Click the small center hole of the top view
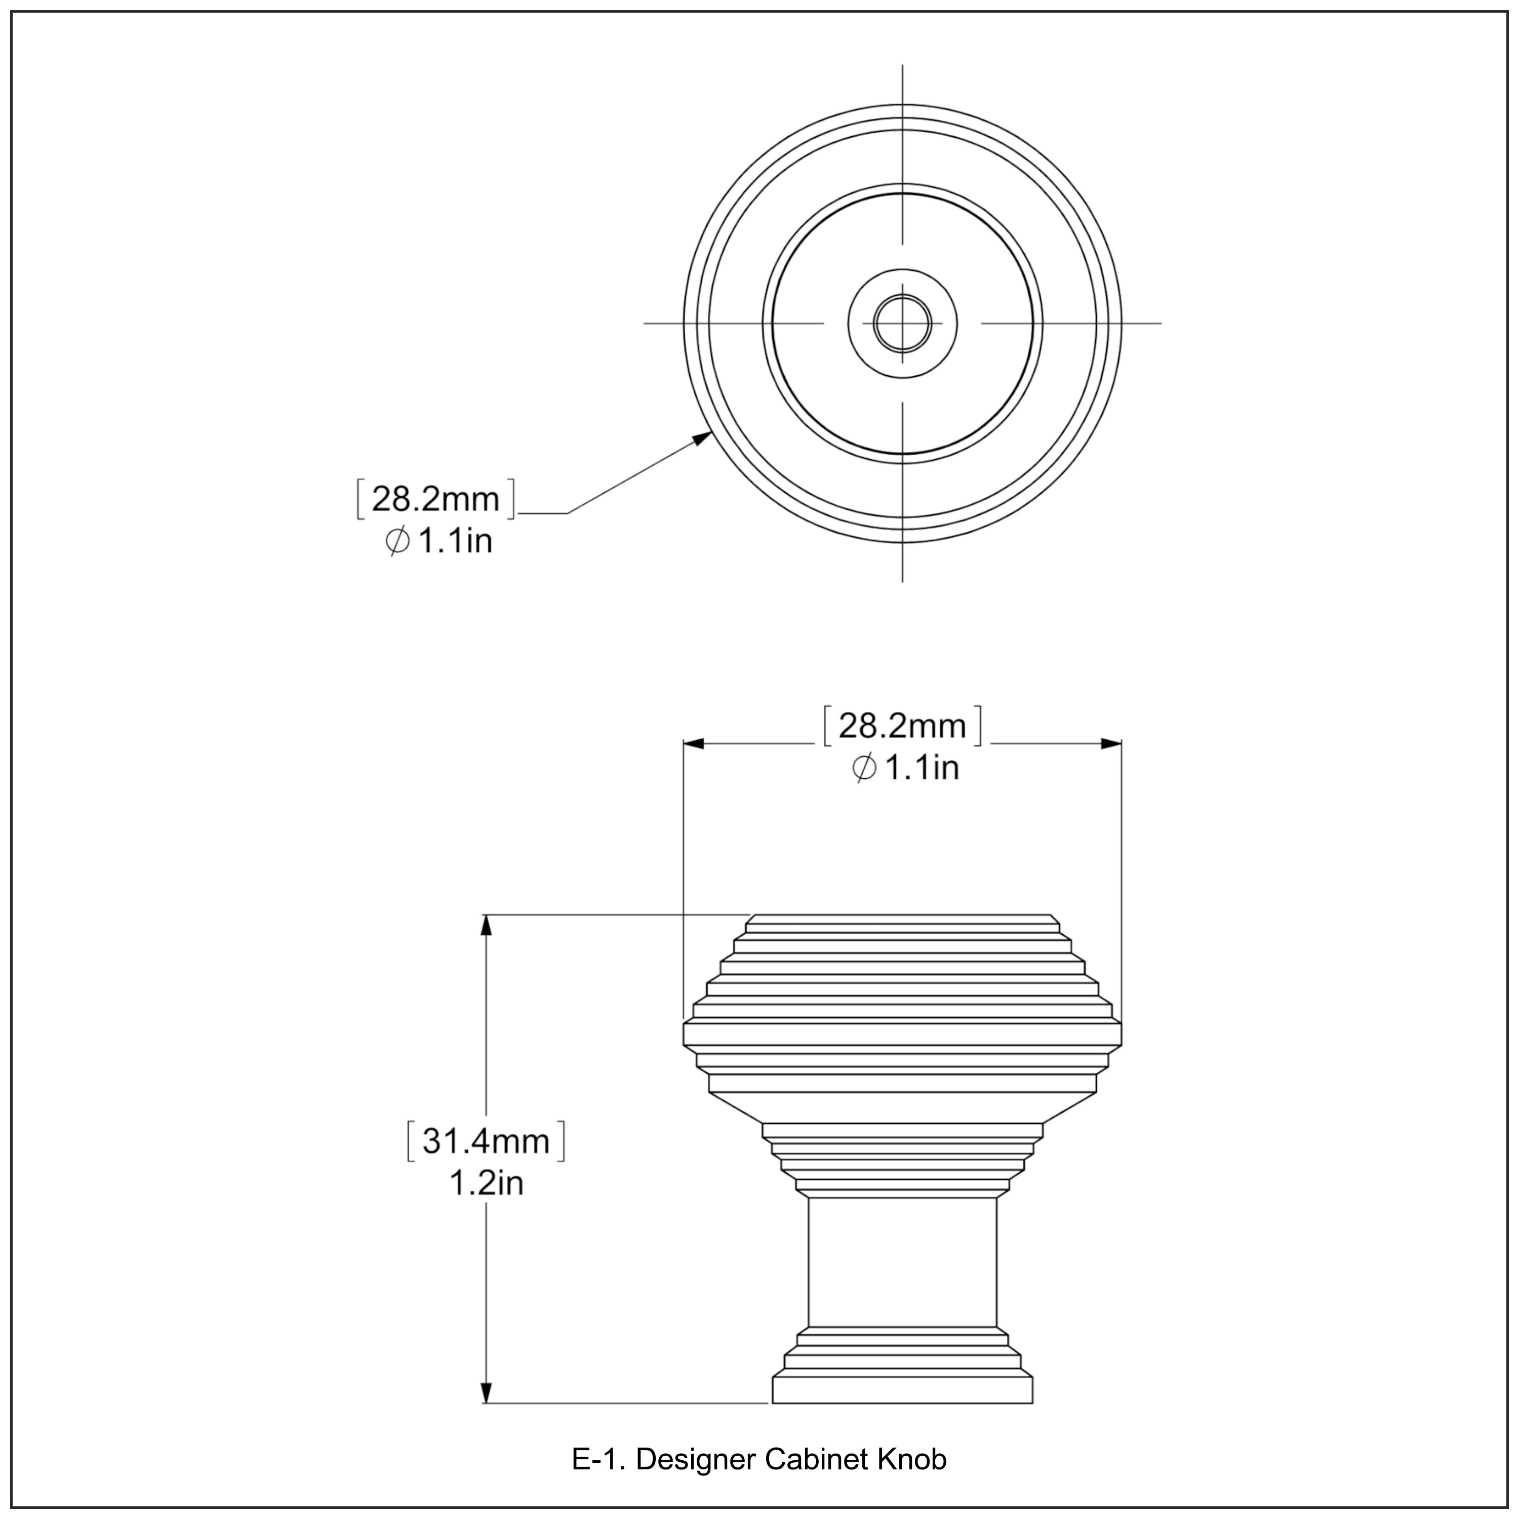click(x=903, y=323)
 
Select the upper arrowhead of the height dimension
click(x=487, y=926)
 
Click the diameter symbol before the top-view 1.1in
click(x=398, y=542)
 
